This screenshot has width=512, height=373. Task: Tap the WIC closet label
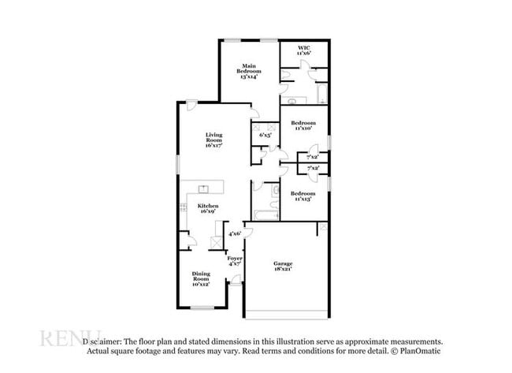[304, 50]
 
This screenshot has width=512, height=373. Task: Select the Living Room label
[214, 140]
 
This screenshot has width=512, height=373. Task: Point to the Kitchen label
[209, 209]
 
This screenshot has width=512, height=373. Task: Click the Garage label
[283, 267]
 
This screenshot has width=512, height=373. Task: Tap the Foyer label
[234, 262]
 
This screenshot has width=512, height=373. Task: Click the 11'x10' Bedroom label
[303, 125]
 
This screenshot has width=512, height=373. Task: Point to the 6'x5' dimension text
[265, 135]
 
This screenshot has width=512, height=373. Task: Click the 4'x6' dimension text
[235, 234]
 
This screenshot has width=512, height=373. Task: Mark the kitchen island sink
[203, 188]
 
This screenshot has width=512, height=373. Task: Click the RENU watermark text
[71, 339]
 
